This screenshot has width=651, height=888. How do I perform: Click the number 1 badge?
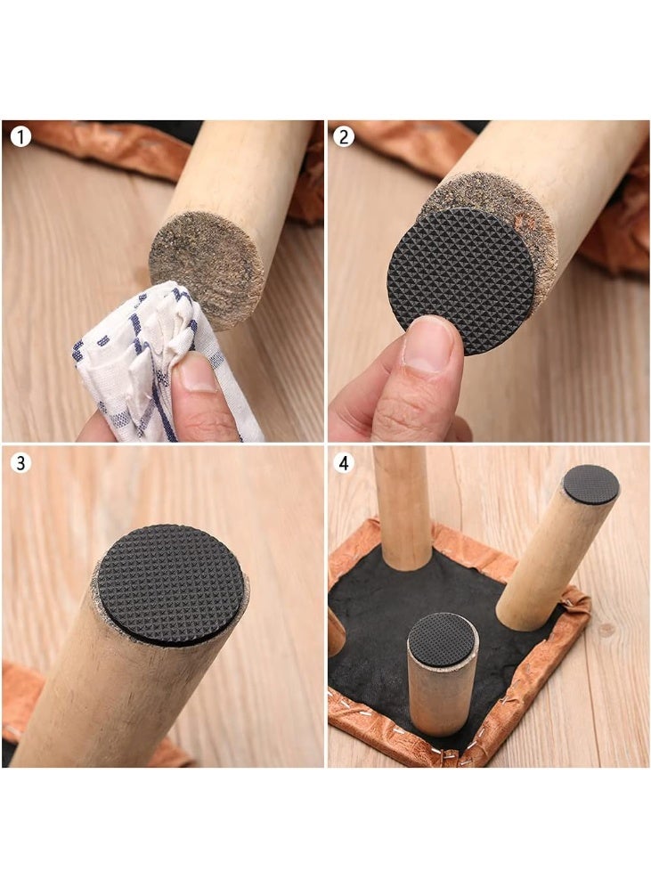pos(20,138)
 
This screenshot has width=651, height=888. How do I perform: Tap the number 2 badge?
pos(344,137)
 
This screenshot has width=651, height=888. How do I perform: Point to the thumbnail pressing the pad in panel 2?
pos(429,344)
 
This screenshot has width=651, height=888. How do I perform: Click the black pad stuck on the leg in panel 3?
pos(170,582)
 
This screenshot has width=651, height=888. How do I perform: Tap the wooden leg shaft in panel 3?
pos(98,695)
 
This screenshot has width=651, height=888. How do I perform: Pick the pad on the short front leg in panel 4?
pos(443,637)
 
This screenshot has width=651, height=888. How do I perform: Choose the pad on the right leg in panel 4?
pos(590,484)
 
